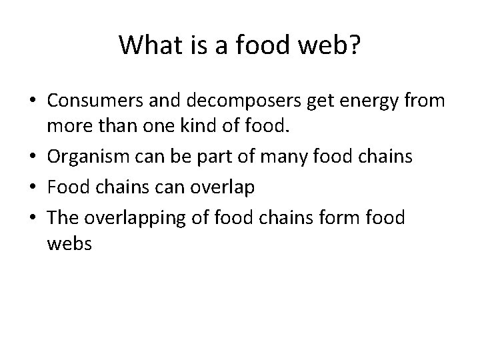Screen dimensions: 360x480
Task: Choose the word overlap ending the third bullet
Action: point(223,188)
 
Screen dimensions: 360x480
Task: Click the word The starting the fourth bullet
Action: point(63,217)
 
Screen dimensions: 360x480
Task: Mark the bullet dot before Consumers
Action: point(32,102)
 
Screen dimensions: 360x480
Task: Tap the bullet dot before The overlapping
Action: point(32,218)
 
